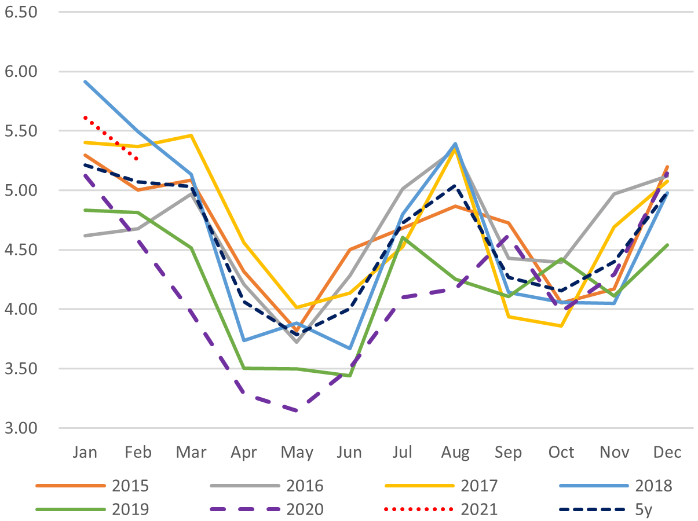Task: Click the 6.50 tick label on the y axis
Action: [20, 11]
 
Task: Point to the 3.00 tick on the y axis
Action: [20, 428]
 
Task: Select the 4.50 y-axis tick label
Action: [20, 250]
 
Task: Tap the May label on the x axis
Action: [297, 452]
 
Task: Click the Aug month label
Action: [455, 452]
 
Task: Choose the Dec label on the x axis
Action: [667, 452]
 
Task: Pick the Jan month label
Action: [85, 452]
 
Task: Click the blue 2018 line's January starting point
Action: [85, 82]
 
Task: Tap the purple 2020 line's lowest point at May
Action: [297, 411]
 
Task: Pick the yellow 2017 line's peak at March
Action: [191, 135]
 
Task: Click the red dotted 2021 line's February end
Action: [137, 159]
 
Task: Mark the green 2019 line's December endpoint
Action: [667, 245]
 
